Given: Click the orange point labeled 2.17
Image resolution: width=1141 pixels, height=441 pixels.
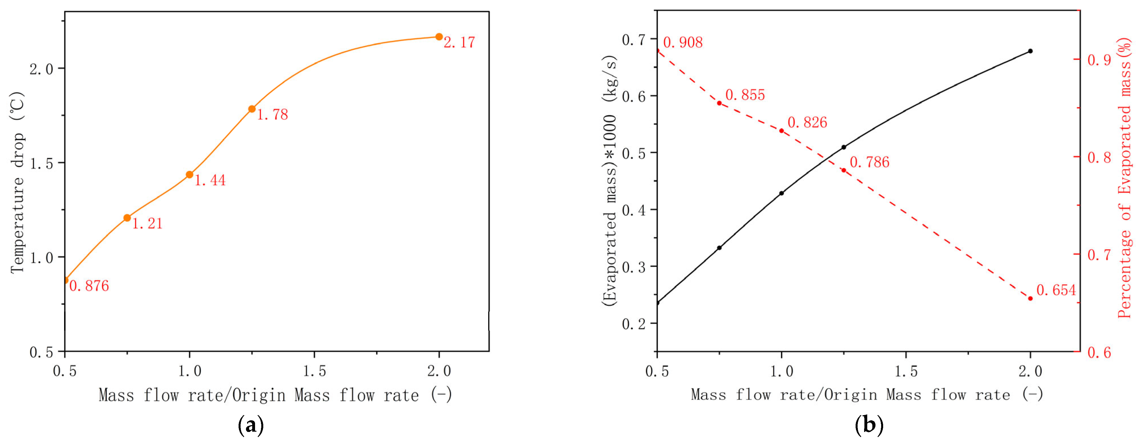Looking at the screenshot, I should pyautogui.click(x=439, y=37).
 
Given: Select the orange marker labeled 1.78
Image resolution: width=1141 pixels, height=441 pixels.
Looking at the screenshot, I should pyautogui.click(x=252, y=109).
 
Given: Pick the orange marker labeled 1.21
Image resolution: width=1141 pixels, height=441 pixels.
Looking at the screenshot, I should pyautogui.click(x=127, y=218).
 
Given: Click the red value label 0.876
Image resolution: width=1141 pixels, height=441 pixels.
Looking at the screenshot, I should pyautogui.click(x=89, y=286).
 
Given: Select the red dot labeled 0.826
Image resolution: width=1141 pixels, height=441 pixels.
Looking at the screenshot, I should pyautogui.click(x=781, y=131).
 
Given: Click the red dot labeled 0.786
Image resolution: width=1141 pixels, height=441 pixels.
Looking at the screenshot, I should pyautogui.click(x=843, y=170).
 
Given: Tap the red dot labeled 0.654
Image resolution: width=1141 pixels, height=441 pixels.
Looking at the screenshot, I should pyautogui.click(x=1030, y=299).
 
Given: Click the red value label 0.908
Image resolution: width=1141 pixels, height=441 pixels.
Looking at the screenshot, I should pyautogui.click(x=683, y=42).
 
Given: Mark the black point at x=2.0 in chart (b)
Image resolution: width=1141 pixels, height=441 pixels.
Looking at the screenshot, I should pyautogui.click(x=1030, y=51).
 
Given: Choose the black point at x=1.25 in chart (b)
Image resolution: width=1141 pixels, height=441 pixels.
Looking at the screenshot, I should pyautogui.click(x=843, y=147).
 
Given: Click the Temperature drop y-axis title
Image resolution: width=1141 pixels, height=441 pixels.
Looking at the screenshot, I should pyautogui.click(x=18, y=182).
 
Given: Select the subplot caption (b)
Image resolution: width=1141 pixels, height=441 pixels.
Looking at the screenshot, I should pyautogui.click(x=869, y=425).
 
